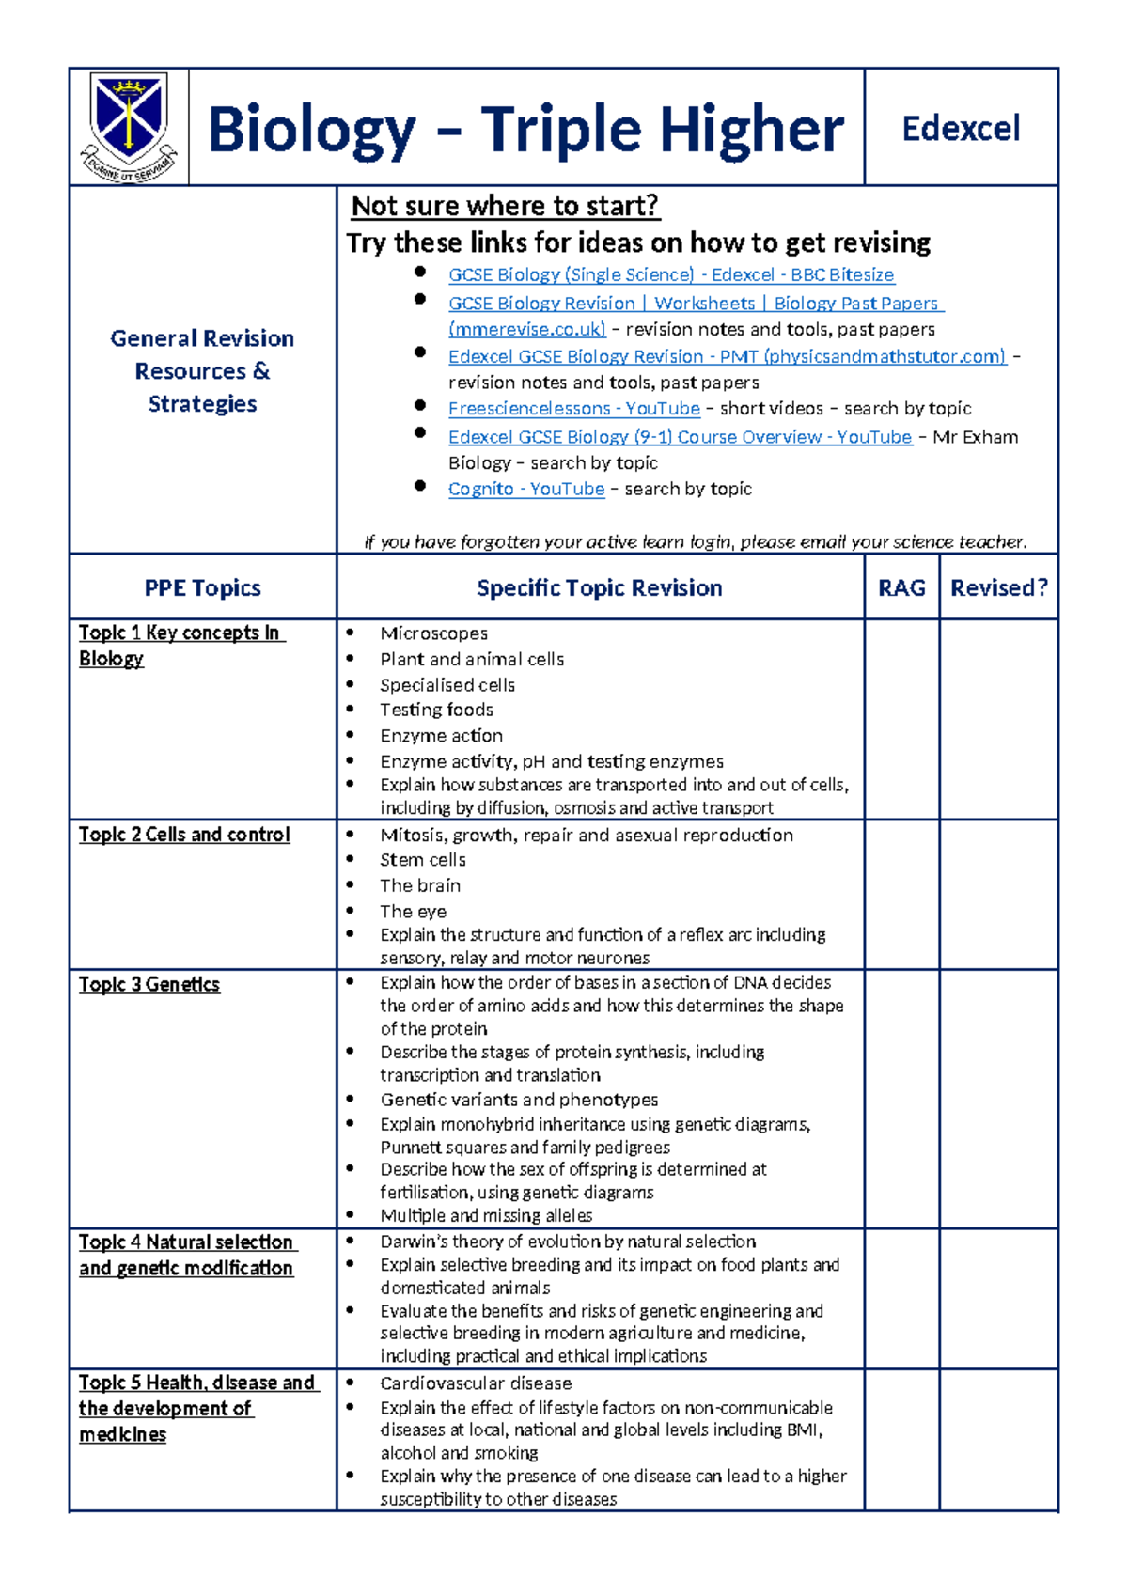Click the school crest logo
129,127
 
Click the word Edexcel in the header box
961,129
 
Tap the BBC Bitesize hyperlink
671,274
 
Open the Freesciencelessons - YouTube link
573,408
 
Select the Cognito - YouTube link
525,489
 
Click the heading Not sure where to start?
505,206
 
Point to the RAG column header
901,587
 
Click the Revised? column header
998,587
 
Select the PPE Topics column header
202,588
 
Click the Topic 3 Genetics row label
149,984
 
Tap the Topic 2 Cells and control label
184,835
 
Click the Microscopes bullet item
433,633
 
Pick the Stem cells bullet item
422,860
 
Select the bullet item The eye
413,911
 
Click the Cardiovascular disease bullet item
476,1383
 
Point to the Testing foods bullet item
436,710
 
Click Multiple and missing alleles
486,1215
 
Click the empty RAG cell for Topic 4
901,1298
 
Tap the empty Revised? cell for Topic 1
998,719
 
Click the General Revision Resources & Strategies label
202,370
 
